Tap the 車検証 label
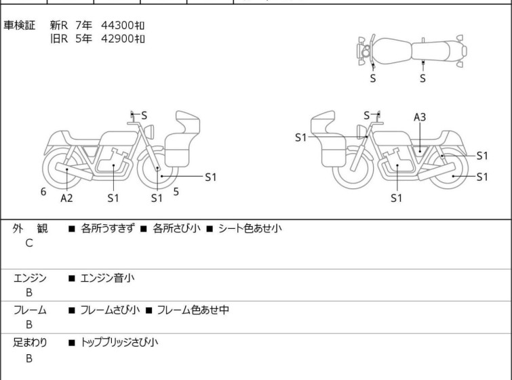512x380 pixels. click(25, 26)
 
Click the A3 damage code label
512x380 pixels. click(420, 117)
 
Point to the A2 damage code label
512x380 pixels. click(66, 198)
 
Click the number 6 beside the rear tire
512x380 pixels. click(43, 192)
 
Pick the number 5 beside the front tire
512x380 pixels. click(176, 192)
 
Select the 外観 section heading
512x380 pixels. click(30, 228)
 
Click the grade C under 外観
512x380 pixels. click(29, 242)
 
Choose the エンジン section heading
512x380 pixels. click(30, 278)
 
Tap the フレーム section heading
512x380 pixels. click(30, 310)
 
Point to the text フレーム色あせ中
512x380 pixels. click(193, 310)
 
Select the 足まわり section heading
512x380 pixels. click(30, 343)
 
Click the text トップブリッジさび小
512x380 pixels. click(119, 343)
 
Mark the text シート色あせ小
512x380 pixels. click(250, 228)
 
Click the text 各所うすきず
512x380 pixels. click(108, 228)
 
